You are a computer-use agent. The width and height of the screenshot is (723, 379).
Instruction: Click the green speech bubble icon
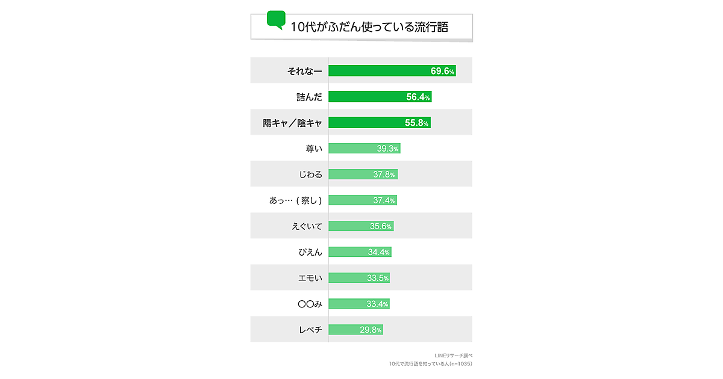276,20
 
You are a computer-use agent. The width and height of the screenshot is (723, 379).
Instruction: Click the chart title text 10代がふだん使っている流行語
369,27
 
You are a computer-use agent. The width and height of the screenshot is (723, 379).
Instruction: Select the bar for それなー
392,71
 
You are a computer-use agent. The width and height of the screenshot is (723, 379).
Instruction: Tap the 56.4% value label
418,97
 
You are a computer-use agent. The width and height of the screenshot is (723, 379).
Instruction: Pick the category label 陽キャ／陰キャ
292,123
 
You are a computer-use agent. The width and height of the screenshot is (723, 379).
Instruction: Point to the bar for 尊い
364,149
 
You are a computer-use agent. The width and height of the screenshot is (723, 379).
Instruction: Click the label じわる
310,174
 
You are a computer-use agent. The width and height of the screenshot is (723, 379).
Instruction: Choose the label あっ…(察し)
295,200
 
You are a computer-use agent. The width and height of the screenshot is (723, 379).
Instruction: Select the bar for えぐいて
360,226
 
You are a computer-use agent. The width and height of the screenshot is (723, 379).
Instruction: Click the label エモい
311,278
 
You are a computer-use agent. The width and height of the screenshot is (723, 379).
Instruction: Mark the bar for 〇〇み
358,304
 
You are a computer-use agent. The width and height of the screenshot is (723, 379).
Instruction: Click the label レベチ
311,330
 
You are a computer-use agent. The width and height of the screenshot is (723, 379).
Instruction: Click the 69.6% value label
442,71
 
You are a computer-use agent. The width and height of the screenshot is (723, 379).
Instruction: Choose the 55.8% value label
417,123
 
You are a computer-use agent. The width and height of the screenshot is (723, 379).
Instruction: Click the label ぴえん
311,252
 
